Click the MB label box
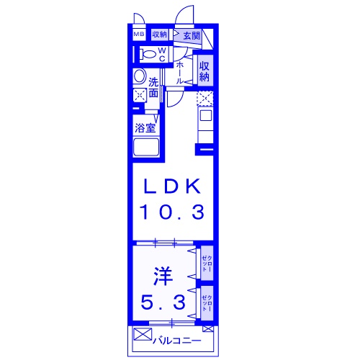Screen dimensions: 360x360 point(138,34)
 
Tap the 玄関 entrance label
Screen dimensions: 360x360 point(191,35)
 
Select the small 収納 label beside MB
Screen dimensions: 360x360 point(159,34)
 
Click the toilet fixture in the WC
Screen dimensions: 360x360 point(148,54)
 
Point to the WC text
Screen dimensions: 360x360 point(162,54)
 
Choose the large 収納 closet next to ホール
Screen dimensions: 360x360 point(204,71)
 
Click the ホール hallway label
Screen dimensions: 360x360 point(179,72)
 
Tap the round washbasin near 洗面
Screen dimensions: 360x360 point(140,77)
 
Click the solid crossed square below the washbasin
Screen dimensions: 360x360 point(139,95)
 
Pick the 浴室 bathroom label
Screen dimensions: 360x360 point(145,128)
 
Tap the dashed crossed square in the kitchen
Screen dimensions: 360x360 point(205,99)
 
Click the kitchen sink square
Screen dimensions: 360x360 point(205,114)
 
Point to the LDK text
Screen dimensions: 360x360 point(173,186)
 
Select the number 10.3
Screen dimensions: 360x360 point(173,212)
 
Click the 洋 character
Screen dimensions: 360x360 point(163,274)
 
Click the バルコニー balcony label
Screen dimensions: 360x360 point(177,338)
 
